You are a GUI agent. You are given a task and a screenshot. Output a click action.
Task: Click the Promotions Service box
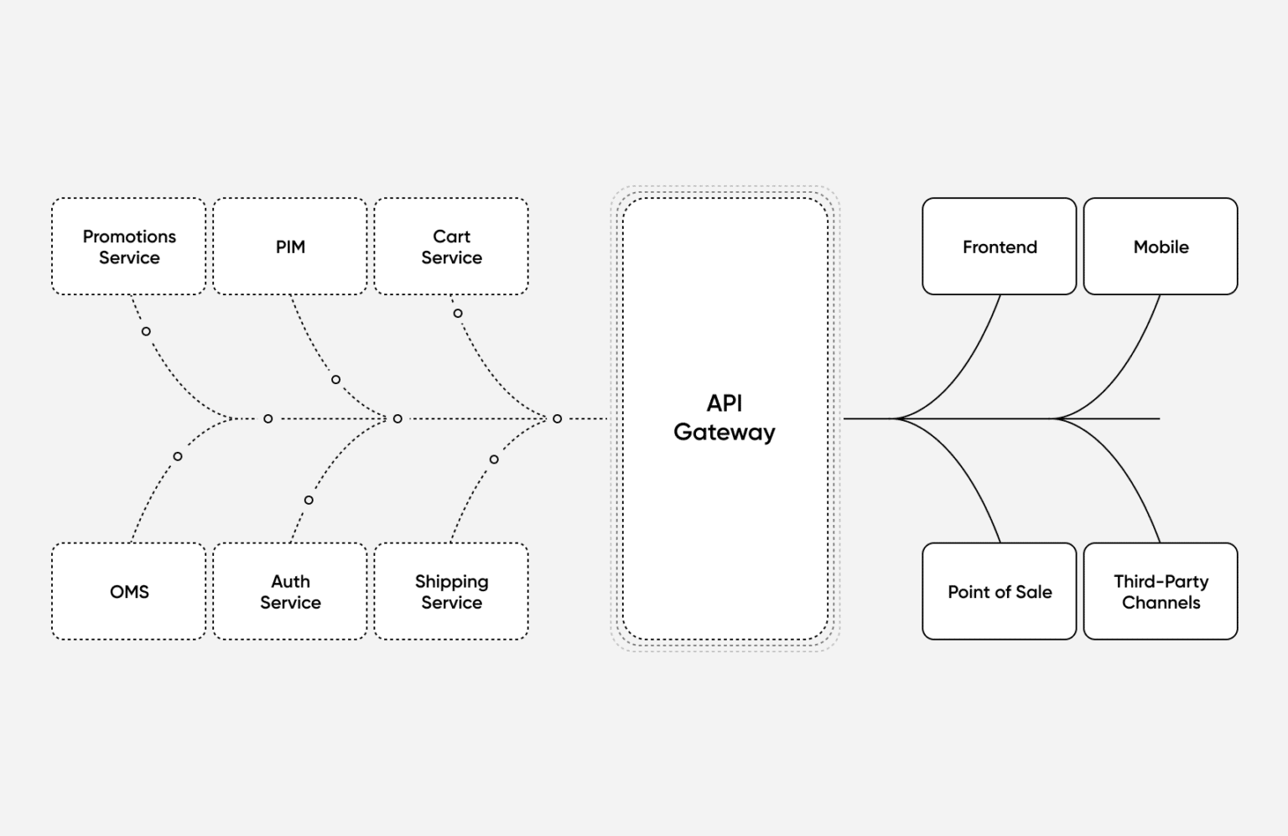pyautogui.click(x=128, y=247)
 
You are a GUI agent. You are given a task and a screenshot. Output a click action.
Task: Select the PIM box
pyautogui.click(x=290, y=247)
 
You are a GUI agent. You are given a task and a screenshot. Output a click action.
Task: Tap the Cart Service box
pyautogui.click(x=451, y=247)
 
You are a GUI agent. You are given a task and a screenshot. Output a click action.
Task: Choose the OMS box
pyautogui.click(x=128, y=591)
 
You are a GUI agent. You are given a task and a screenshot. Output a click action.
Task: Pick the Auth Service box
pyautogui.click(x=290, y=591)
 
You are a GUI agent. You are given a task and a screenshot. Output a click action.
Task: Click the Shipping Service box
pyautogui.click(x=451, y=591)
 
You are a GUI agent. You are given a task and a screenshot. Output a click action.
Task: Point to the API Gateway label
pyautogui.click(x=724, y=418)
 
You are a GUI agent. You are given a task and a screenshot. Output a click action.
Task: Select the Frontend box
pyautogui.click(x=999, y=247)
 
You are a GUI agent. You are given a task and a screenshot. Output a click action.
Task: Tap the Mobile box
pyautogui.click(x=1161, y=247)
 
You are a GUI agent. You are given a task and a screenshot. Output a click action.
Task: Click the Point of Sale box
pyautogui.click(x=999, y=591)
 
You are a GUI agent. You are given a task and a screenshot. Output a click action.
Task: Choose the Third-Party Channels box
pyautogui.click(x=1161, y=591)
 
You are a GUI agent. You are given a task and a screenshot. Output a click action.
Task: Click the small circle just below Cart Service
pyautogui.click(x=458, y=314)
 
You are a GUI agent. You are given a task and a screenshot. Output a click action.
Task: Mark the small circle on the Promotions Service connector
pyautogui.click(x=146, y=331)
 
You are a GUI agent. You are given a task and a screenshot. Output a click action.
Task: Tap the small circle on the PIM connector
pyautogui.click(x=335, y=380)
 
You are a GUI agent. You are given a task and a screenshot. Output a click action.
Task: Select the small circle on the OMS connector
pyautogui.click(x=178, y=456)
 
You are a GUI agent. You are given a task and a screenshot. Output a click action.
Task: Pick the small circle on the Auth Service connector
pyautogui.click(x=309, y=500)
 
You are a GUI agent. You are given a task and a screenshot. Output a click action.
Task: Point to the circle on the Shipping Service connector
pyautogui.click(x=494, y=459)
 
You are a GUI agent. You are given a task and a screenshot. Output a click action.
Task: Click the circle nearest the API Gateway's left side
pyautogui.click(x=557, y=418)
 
